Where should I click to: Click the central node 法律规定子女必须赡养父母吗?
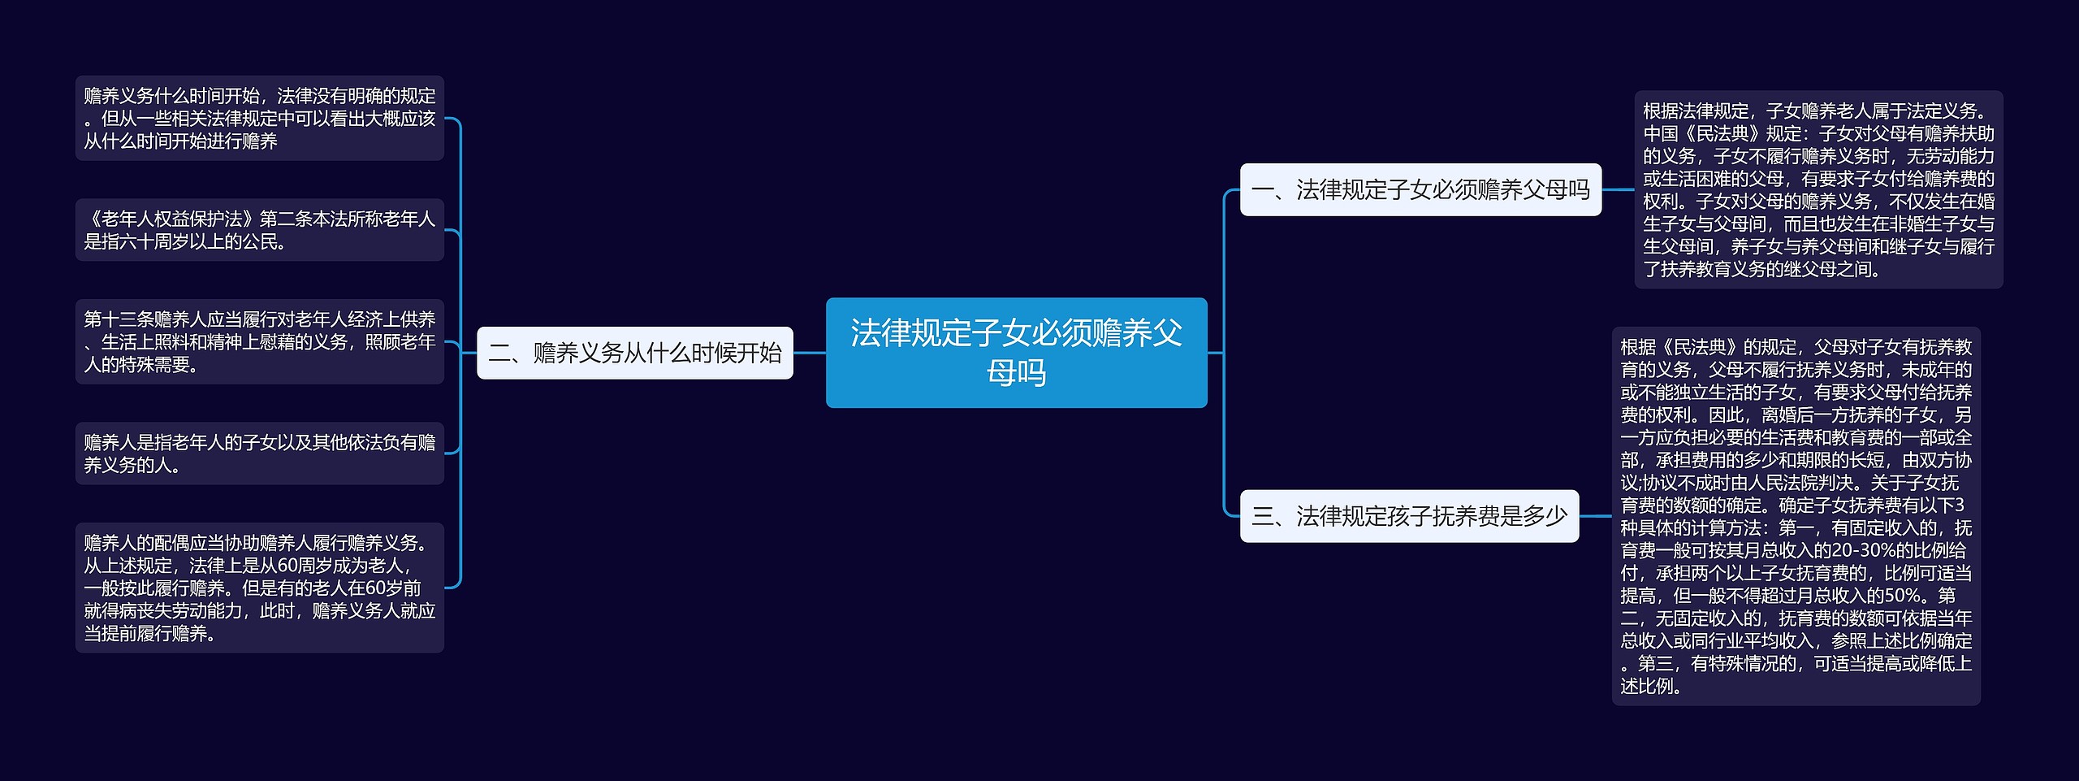point(1016,352)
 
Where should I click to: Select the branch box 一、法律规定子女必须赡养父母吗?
point(1420,189)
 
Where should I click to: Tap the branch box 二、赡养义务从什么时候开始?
point(634,353)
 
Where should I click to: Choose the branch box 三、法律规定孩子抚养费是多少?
point(1409,516)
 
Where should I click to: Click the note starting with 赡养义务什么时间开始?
point(259,119)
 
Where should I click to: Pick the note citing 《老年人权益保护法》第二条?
point(259,230)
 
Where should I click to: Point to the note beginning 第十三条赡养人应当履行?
point(259,341)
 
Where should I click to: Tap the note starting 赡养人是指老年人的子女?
point(259,453)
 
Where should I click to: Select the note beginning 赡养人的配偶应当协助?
point(259,588)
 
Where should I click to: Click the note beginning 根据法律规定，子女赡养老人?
point(1818,189)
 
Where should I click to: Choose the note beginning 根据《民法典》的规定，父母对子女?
point(1796,516)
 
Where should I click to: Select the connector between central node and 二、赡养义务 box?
point(809,353)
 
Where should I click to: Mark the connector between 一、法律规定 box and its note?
point(1618,189)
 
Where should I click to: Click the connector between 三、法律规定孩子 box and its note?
point(1595,516)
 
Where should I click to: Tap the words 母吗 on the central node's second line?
point(1016,373)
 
